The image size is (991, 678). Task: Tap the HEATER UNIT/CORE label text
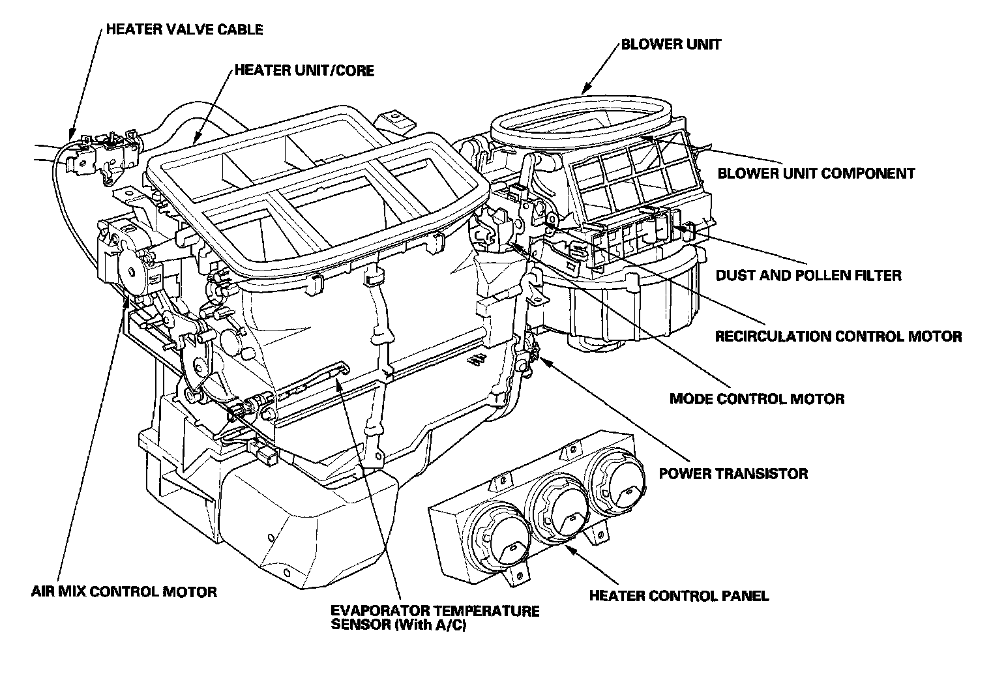[304, 70]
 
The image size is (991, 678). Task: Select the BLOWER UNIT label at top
[671, 45]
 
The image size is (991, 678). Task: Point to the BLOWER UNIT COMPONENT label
[816, 173]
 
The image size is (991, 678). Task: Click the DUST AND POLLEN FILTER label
[808, 275]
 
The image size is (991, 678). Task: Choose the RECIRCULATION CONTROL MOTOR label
[838, 336]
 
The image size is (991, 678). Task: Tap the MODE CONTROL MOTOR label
[757, 398]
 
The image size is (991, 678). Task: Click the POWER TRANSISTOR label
[733, 473]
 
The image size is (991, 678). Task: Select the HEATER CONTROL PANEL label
[679, 595]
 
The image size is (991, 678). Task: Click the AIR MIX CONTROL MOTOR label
[124, 592]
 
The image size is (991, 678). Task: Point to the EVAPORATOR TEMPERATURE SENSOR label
[435, 611]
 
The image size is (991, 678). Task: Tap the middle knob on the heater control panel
[561, 508]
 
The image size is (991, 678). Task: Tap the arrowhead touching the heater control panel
[569, 548]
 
